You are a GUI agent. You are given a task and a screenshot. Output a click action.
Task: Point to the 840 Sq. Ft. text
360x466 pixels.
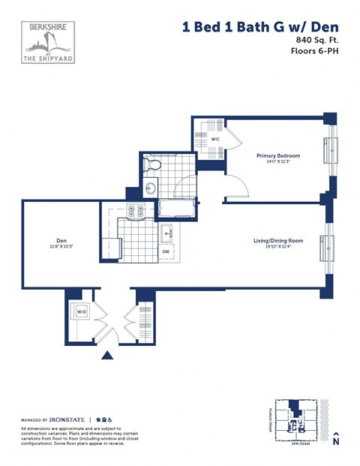point(313,39)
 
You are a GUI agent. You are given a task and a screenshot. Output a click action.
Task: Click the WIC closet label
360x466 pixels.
point(214,140)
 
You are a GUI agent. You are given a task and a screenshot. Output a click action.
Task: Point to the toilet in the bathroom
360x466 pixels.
point(152,164)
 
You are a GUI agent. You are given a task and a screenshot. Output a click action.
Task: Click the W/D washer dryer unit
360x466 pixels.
point(79,312)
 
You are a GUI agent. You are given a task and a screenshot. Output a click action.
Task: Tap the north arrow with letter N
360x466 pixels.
point(337,439)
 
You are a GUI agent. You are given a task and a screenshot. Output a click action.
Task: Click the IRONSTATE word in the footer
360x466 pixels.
point(69,419)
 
